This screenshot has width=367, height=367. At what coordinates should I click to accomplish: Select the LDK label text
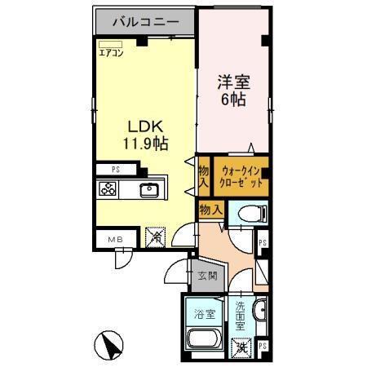point(145,126)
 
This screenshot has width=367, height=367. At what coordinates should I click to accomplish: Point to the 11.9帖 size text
point(146,144)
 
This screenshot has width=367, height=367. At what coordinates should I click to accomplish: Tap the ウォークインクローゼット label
point(240,178)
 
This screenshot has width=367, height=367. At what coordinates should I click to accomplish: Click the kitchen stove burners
point(108,191)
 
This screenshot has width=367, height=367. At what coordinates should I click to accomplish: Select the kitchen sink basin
point(151,191)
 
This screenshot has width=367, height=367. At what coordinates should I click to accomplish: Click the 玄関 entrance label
point(207,276)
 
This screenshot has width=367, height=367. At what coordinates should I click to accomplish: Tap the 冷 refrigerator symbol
point(155,237)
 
